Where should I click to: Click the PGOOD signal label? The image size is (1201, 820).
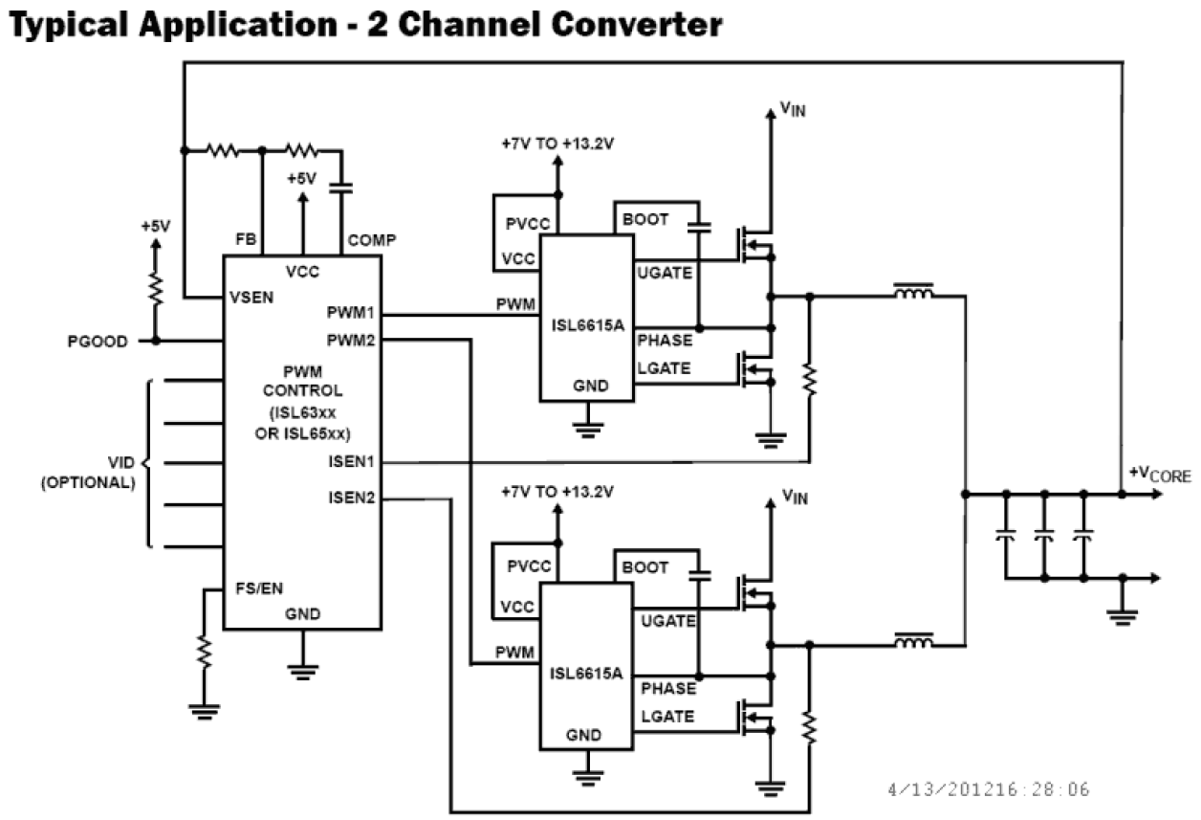pyautogui.click(x=96, y=342)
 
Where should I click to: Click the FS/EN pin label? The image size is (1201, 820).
pyautogui.click(x=259, y=587)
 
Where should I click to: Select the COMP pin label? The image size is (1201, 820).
pyautogui.click(x=372, y=240)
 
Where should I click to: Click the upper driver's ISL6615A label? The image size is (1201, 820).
pyautogui.click(x=586, y=325)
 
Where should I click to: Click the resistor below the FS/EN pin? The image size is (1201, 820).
pyautogui.click(x=204, y=654)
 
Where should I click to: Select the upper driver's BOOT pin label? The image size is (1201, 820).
pyautogui.click(x=645, y=219)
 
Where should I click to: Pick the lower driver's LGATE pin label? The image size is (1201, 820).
pyautogui.click(x=666, y=717)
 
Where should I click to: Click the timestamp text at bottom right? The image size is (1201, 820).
pyautogui.click(x=988, y=789)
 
